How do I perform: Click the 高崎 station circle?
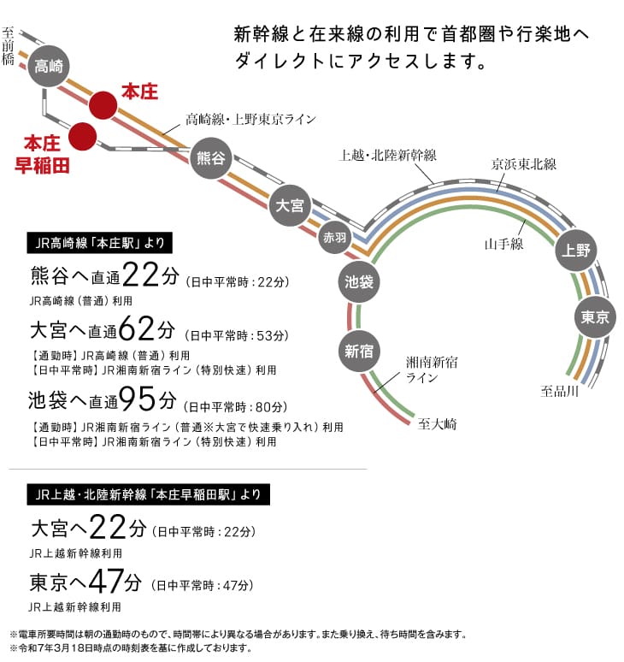pos(49,66)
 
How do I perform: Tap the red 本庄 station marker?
pos(103,105)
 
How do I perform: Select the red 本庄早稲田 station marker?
pos(82,136)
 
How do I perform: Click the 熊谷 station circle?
pos(210,158)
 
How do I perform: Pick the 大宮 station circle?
pos(290,205)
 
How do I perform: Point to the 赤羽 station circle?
pos(334,237)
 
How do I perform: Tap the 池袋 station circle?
pos(359,281)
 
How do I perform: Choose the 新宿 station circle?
pos(359,351)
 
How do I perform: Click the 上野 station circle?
pos(576,251)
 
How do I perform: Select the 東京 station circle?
pos(595,317)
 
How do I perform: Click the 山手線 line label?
pos(503,244)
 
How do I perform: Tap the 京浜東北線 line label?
pos(524,164)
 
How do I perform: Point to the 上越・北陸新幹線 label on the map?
pos(388,156)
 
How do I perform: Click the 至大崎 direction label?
pos(437,423)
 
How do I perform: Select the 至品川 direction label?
pos(559,391)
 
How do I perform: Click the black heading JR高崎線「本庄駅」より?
pos(99,243)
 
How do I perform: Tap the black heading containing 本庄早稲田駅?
pos(148,494)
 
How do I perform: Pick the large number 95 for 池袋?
pos(137,399)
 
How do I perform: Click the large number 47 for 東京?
pos(106,581)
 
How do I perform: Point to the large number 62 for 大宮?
pos(137,328)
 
